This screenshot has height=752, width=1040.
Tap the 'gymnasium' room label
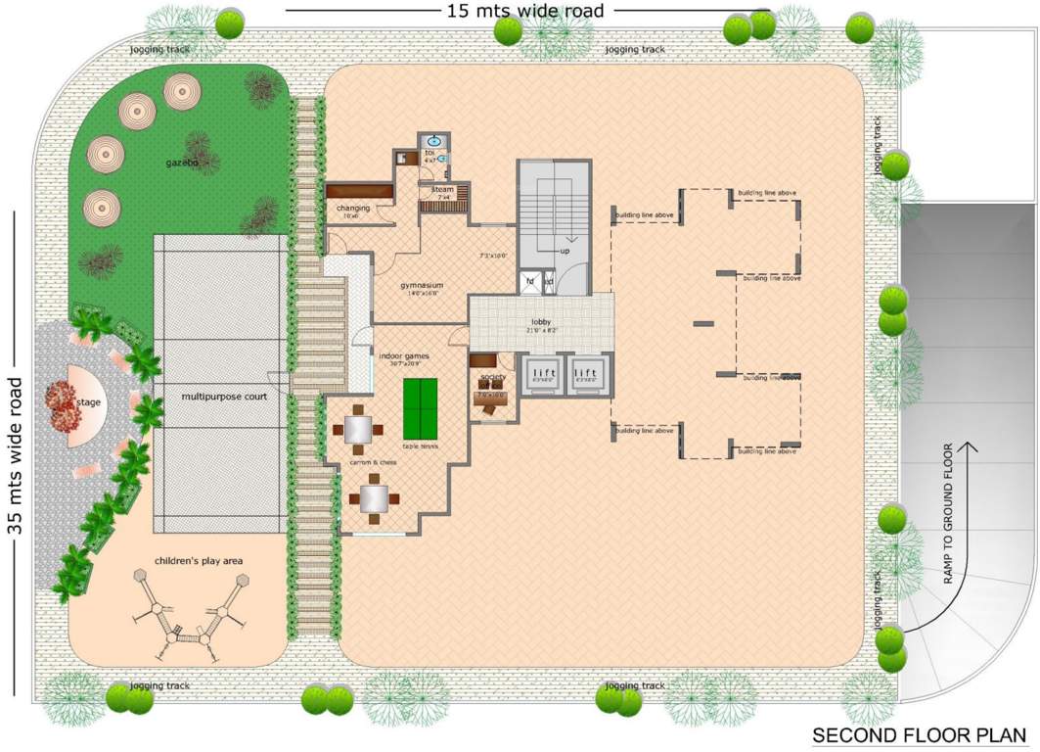422,285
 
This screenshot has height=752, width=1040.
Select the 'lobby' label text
541,321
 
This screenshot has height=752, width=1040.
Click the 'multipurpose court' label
224,397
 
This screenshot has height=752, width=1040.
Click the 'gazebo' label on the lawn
182,164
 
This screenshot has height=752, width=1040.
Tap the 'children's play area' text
199,560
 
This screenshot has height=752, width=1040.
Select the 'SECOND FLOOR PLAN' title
919,734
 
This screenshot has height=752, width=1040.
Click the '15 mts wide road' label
525,11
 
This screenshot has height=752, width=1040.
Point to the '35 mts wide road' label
14,454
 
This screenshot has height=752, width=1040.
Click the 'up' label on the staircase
565,251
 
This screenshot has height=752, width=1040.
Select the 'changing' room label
352,208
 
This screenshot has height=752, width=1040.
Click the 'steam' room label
443,189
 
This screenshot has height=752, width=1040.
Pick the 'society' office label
491,375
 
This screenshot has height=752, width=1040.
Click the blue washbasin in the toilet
430,154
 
